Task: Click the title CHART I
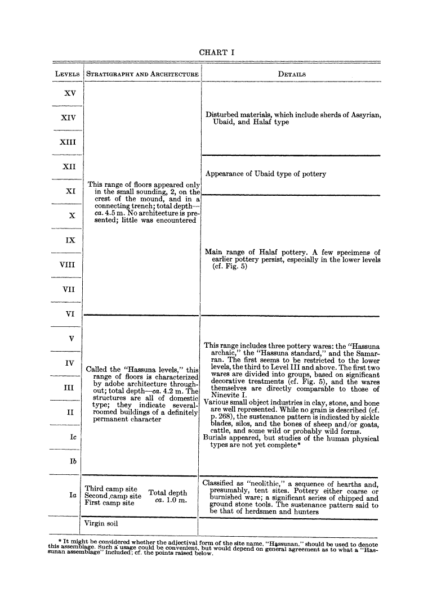click(217, 52)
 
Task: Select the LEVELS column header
click(67, 74)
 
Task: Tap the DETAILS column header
click(292, 74)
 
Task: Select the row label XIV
click(68, 118)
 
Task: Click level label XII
click(69, 167)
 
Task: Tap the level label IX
click(70, 240)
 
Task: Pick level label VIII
click(68, 265)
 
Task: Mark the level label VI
click(70, 315)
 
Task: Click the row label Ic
click(72, 437)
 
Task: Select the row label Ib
click(72, 461)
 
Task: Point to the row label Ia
click(72, 495)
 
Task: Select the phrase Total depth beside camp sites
click(167, 493)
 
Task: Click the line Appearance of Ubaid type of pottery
click(266, 174)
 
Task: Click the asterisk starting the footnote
click(60, 541)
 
